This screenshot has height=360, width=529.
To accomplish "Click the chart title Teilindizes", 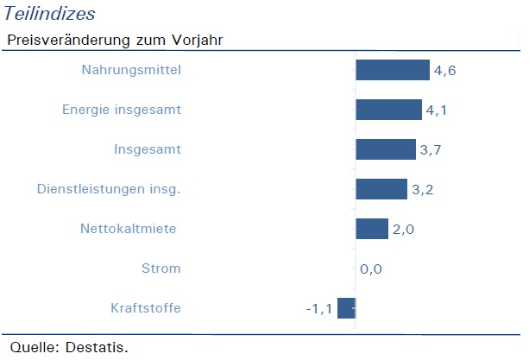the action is pos(49,14).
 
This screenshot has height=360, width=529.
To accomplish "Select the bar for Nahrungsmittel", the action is pos(393,70).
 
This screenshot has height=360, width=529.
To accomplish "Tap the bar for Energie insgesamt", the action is pos(388,110).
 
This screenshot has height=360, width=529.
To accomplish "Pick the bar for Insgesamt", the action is pos(386,149).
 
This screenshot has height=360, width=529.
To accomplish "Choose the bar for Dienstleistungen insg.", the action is pos(381,189).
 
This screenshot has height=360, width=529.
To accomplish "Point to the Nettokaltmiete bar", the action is pos(372,229).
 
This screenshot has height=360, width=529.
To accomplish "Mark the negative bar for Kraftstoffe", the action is pos(346,308).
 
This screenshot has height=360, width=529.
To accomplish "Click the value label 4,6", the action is pos(445,71).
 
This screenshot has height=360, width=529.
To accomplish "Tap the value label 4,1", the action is pos(437,111).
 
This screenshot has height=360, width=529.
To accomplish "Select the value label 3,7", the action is pos(431,150).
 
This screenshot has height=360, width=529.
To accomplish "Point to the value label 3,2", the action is pos(422,190).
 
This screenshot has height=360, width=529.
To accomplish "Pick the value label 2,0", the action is pos(403,230).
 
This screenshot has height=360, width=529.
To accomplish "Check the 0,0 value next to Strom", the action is pos(371,269).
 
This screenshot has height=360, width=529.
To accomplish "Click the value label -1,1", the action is pos(319,309).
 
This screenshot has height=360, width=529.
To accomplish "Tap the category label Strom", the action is pos(161,268).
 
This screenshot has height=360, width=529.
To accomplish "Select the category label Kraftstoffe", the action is pos(146,308).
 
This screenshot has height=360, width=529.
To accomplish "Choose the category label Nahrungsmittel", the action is pos(131,70).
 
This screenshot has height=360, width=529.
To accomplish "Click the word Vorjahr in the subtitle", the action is pos(198,41).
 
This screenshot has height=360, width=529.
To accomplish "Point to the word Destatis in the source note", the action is pos(97,347).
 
